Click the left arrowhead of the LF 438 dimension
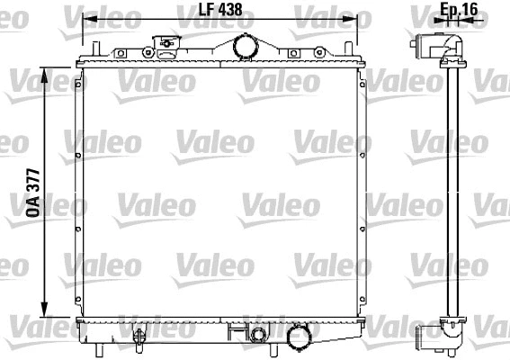[x=87, y=22]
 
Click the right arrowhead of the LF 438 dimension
[x=363, y=22]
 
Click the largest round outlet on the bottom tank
[x=296, y=338]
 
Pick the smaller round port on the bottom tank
[x=259, y=336]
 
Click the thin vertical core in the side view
[x=452, y=189]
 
